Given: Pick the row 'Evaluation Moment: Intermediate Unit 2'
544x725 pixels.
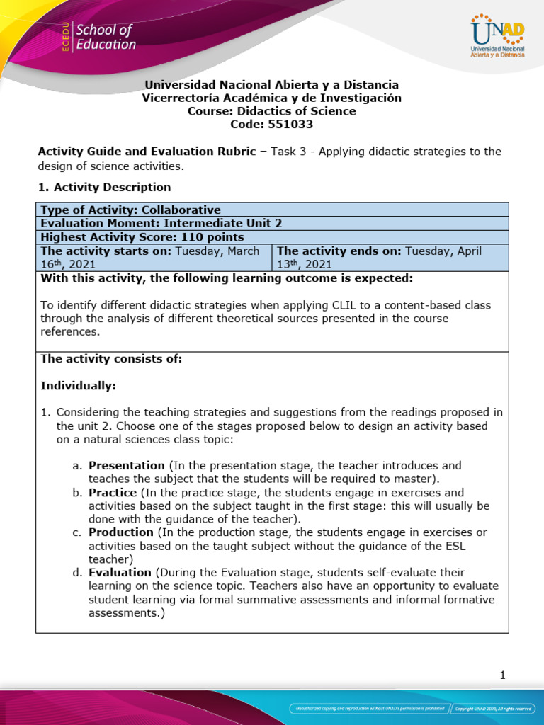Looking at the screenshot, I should tap(161, 224).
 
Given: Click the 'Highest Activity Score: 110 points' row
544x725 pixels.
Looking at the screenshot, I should tap(142, 237).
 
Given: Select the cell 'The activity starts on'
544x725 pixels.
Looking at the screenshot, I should tap(153, 257).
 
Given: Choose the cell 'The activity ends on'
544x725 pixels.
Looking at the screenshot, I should tap(390, 257).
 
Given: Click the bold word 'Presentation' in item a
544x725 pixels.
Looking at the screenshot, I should tap(126, 466).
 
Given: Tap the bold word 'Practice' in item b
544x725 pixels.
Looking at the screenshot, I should tap(113, 492).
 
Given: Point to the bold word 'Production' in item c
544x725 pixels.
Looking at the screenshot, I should tap(120, 532).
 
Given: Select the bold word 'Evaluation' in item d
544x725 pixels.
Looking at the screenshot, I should tap(120, 572).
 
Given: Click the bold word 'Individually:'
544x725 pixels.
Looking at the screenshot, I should tap(78, 386).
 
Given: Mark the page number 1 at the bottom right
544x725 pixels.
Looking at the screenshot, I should tap(502, 675).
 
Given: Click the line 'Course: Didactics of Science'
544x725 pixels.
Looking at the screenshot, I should tap(272, 111).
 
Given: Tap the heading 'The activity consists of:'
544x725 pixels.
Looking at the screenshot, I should tap(111, 359).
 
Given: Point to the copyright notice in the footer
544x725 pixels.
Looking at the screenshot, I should tap(494, 708).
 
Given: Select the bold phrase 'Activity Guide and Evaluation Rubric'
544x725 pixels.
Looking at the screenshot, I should tap(144, 152).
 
